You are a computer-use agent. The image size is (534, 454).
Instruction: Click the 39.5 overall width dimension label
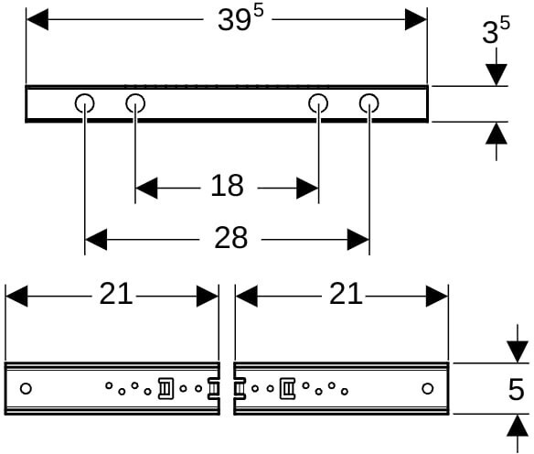point(240,18)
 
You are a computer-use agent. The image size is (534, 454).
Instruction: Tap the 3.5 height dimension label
point(496,31)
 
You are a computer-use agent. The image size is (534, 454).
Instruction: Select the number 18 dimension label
point(227,186)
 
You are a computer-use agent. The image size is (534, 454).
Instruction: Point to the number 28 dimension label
point(231,238)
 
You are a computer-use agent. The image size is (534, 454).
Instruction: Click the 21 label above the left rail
point(115,294)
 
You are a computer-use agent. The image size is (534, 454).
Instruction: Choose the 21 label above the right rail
point(346,294)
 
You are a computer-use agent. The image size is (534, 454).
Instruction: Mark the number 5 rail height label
point(516,389)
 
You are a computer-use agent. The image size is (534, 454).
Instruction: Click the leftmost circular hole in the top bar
point(84,103)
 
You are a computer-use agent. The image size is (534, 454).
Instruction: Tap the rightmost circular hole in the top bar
point(369,103)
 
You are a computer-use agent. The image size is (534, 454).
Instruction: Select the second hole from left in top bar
point(135,103)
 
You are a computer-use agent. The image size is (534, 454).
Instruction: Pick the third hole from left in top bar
point(318,103)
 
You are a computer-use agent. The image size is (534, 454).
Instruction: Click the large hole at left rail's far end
point(26,389)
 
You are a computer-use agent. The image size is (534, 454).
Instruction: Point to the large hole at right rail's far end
point(428,389)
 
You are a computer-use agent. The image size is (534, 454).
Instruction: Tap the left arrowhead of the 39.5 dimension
point(37,19)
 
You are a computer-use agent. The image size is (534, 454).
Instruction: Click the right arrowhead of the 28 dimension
point(358,240)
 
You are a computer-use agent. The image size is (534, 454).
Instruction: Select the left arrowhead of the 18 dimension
point(146,188)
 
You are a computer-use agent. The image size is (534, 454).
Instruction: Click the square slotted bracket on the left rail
point(166,389)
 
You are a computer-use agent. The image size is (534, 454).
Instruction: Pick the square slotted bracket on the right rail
point(287,389)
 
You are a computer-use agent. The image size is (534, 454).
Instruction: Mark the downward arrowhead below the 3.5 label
point(497,75)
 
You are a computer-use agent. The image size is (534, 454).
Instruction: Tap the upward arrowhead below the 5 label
point(518,426)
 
